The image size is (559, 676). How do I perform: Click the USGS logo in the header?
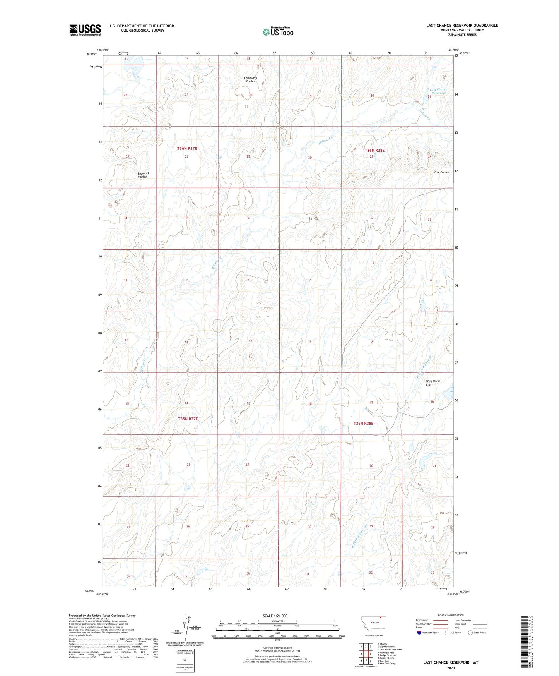(85, 29)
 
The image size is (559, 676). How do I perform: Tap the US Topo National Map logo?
(278, 32)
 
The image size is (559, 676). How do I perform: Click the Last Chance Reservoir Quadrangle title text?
(462, 26)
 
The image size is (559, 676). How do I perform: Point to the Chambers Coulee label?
(250, 79)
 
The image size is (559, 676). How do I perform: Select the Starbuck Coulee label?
(143, 175)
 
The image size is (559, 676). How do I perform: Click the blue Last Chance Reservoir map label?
(438, 91)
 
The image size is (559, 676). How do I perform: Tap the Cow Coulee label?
(441, 172)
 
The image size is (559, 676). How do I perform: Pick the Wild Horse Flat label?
(433, 383)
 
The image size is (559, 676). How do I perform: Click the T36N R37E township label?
(187, 148)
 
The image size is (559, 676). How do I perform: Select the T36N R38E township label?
(374, 150)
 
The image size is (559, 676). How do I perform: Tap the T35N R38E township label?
(363, 424)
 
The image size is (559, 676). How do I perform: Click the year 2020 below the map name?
(450, 668)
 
